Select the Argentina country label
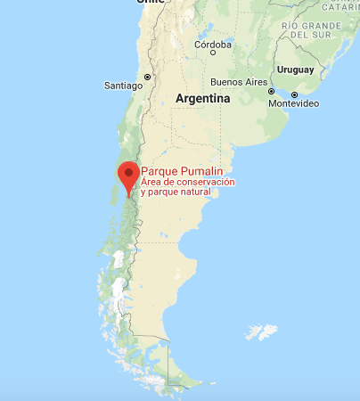(202, 99)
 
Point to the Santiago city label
(124, 86)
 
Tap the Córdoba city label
(213, 44)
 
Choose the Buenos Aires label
(238, 82)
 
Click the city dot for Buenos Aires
(272, 91)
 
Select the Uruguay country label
(296, 70)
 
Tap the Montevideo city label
(294, 103)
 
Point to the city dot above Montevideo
(294, 94)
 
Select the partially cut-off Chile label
(151, 3)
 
